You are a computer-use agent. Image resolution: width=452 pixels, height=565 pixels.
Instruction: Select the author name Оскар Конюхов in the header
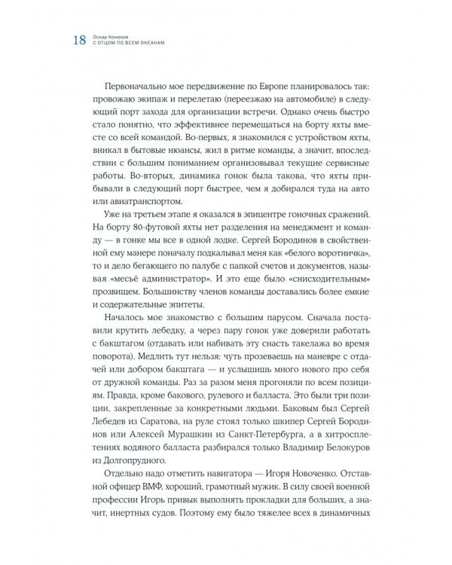[x=115, y=35]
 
